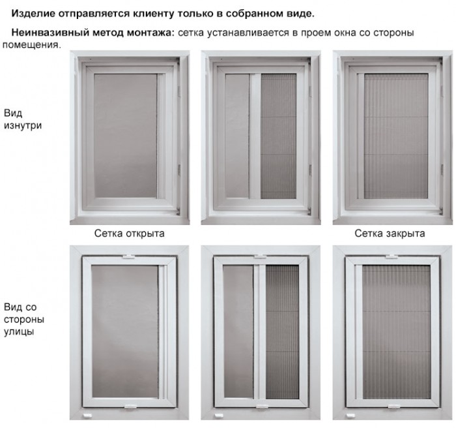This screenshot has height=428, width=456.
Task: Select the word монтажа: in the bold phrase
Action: click(150, 33)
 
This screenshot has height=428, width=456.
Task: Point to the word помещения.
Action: click(32, 45)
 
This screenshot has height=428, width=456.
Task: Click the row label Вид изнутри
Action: click(22, 119)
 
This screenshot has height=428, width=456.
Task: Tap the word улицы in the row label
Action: click(19, 332)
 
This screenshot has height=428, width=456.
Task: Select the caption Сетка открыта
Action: click(130, 234)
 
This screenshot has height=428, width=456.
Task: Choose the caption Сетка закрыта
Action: click(390, 234)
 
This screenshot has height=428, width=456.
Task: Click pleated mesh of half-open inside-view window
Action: click(278, 136)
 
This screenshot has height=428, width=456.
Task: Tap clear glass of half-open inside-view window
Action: click(237, 136)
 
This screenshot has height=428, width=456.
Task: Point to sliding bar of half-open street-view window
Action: click(259, 332)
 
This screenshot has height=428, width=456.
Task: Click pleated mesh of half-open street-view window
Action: click(282, 332)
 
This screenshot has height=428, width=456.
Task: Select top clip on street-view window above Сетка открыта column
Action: click(128, 257)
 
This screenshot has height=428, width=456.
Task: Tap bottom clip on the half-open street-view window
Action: click(262, 406)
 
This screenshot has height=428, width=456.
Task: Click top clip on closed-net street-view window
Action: click(392, 257)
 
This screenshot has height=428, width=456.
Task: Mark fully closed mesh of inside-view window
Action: click(396, 136)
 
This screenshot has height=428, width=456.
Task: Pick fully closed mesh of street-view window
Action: click(396, 332)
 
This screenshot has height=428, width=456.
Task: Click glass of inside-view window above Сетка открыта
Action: click(125, 136)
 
